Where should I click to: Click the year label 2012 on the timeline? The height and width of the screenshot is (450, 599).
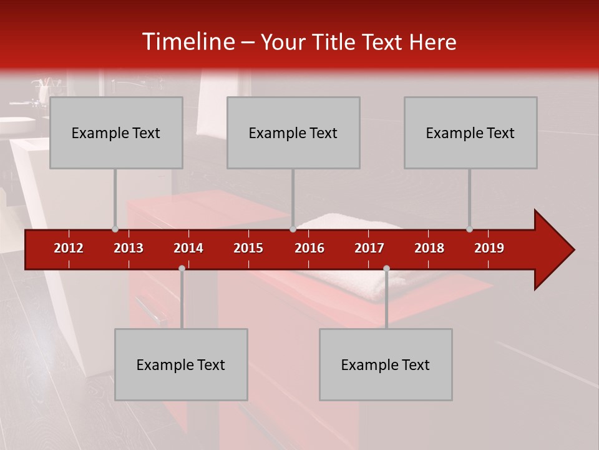(x=69, y=248)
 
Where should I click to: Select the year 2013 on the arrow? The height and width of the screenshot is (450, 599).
(x=129, y=248)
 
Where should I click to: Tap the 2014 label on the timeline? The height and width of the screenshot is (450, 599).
(x=188, y=248)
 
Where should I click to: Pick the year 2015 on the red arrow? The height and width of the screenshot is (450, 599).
(x=248, y=248)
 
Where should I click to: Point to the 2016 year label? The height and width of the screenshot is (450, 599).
(x=309, y=248)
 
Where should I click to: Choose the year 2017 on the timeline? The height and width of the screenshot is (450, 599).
(x=369, y=248)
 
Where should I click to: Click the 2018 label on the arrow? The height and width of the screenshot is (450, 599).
(x=429, y=248)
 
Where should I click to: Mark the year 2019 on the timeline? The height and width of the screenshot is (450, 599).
(x=489, y=248)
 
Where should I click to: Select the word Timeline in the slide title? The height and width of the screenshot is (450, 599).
(x=188, y=42)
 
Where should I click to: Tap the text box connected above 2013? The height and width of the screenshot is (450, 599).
(x=116, y=132)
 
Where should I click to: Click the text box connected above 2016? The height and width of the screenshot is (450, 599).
(x=293, y=132)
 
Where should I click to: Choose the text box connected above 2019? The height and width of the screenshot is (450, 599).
(x=470, y=132)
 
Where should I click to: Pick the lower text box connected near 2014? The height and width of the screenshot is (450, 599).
(x=181, y=364)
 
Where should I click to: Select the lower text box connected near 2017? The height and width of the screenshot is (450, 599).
(x=386, y=364)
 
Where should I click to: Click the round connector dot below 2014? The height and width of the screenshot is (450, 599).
(x=182, y=268)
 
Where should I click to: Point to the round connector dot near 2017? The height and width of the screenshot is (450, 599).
(x=386, y=268)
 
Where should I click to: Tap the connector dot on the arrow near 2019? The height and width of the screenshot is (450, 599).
(x=469, y=229)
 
